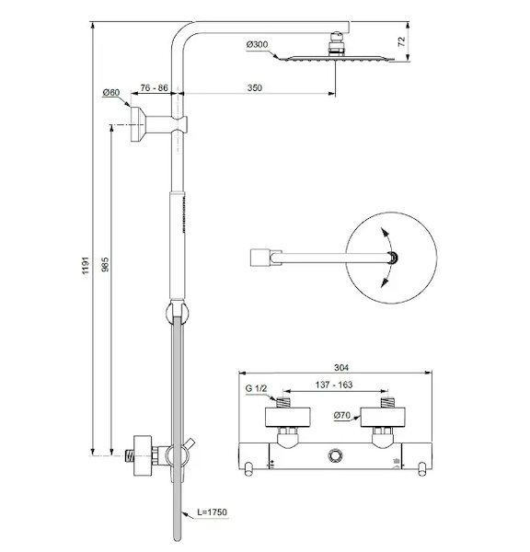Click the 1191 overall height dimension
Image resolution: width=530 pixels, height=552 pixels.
click(x=86, y=266)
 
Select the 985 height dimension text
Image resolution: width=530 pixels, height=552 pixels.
click(x=105, y=264)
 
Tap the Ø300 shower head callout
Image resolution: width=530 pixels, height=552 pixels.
click(x=257, y=44)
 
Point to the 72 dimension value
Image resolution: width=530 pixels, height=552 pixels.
click(x=402, y=41)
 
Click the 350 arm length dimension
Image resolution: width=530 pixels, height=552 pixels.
click(x=255, y=87)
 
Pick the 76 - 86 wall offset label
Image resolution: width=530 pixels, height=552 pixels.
click(x=154, y=87)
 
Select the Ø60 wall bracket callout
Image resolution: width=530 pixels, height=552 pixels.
click(x=111, y=93)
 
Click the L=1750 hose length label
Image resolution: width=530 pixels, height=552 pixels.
click(x=212, y=512)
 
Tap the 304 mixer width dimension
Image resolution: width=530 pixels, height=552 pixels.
click(x=341, y=367)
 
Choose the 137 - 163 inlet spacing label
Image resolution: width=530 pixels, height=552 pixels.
click(x=334, y=385)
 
